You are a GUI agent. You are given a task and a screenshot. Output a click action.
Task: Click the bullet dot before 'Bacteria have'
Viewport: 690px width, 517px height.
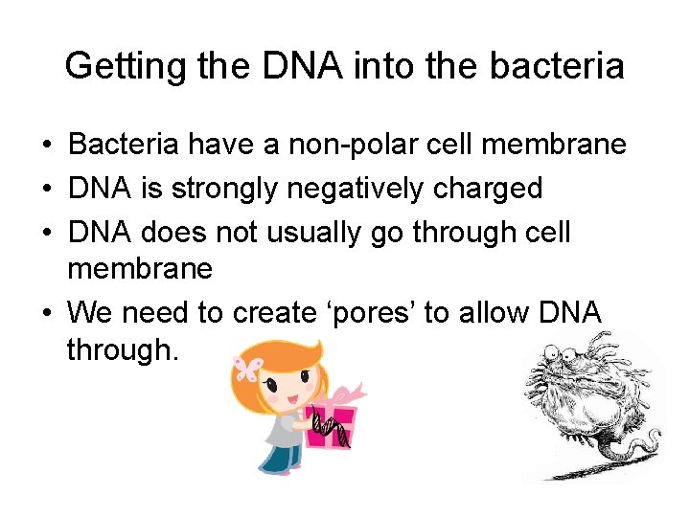(46, 146)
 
